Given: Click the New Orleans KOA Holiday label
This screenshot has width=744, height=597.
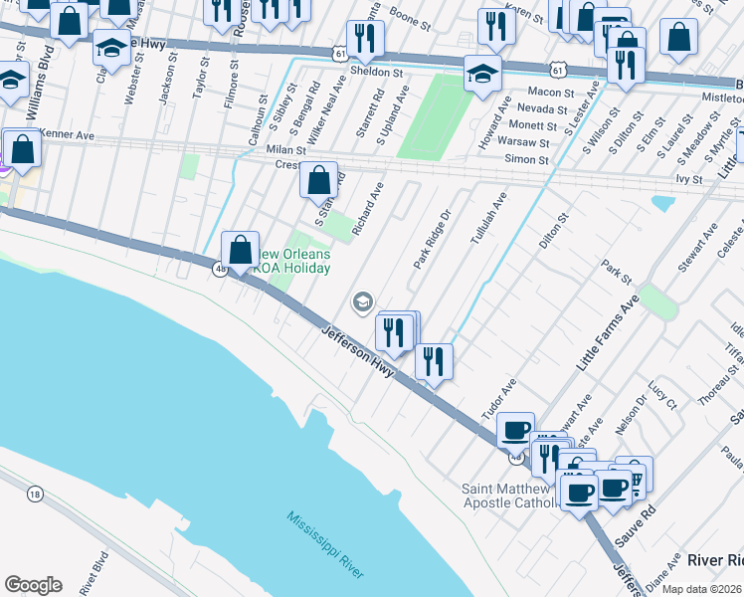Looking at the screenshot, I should [294, 260].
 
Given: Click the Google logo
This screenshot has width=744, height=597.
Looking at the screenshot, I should [33, 584].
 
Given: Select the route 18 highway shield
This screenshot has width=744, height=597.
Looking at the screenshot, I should [35, 494].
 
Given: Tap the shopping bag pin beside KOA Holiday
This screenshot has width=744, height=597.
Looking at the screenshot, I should [240, 251].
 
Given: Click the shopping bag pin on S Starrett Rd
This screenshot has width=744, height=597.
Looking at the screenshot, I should [318, 181].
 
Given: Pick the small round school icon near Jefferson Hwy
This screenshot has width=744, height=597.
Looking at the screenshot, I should [363, 300].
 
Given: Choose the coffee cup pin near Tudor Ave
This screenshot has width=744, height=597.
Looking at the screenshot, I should [515, 430].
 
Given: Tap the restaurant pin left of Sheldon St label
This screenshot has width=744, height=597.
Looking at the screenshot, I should [365, 38].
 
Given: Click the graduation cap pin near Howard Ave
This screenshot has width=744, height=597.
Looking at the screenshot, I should [482, 73].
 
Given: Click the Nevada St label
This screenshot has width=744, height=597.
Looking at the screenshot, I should [542, 108].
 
